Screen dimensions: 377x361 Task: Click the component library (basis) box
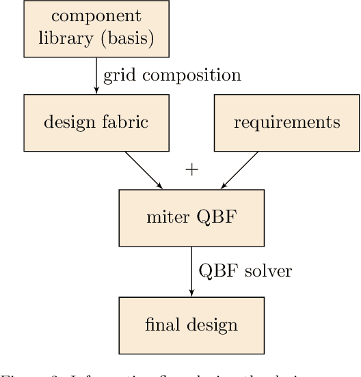coord(96,29)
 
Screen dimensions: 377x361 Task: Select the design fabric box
coord(96,123)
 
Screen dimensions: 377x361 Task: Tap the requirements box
coord(286,123)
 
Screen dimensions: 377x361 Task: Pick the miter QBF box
coord(191,218)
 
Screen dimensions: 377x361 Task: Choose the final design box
coord(191,325)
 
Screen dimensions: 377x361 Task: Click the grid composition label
coord(172,75)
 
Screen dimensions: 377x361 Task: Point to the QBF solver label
coord(245,271)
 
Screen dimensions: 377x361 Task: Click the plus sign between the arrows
coord(192,170)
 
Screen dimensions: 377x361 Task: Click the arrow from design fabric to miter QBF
coord(144,170)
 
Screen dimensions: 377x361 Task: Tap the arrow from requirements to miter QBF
coord(239,170)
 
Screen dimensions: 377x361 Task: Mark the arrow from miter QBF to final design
coord(191,271)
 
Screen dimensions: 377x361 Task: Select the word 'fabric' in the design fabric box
coord(127,123)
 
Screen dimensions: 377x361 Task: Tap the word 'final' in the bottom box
coord(161,325)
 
